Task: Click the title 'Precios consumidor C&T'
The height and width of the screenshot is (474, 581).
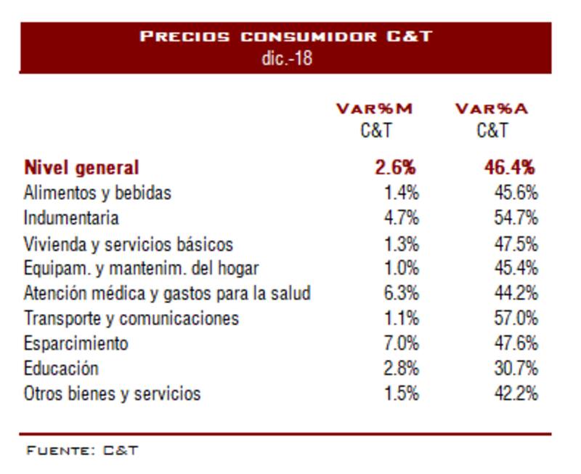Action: [285, 36]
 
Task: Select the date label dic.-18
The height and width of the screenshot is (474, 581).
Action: [286, 58]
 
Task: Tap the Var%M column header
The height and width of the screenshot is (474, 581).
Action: [374, 109]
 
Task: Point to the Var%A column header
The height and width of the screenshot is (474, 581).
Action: [492, 109]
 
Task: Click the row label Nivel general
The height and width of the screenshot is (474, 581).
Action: [81, 168]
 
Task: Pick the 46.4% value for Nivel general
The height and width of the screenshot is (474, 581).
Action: [510, 168]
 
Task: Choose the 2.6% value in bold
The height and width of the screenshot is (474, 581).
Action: [396, 168]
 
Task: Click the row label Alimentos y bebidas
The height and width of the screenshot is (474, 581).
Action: [97, 193]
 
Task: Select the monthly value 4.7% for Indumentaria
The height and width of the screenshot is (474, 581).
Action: [401, 217]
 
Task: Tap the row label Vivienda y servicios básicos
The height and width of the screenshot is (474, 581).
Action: [128, 244]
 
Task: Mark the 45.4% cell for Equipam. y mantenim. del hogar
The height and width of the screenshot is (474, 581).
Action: [516, 268]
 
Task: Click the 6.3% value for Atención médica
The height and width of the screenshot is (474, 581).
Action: [401, 293]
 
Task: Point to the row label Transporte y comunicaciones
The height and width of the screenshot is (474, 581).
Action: [131, 318]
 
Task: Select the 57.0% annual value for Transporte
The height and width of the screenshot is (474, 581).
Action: [516, 318]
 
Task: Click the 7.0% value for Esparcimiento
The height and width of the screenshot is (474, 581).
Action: [401, 343]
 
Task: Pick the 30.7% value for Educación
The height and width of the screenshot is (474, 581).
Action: [516, 368]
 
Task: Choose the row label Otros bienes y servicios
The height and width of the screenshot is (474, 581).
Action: [112, 394]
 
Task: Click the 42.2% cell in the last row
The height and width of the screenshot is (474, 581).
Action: [516, 394]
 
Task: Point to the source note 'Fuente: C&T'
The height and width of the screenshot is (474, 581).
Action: [82, 450]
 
